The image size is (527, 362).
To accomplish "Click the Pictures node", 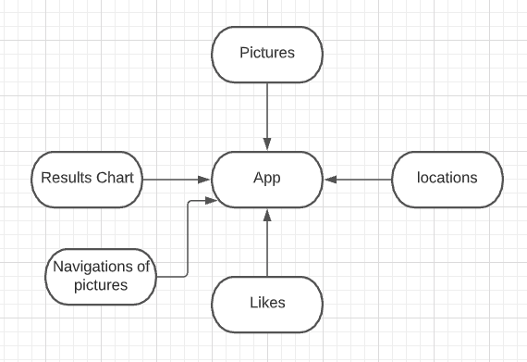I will pos(267,53).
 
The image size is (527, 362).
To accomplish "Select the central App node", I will pos(267,178).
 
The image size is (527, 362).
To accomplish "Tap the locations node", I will pos(447,178).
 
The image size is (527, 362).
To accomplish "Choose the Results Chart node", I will pos(88,178).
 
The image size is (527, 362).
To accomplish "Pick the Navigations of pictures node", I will pos(101,276).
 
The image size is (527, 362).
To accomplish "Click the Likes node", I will pos(267,303).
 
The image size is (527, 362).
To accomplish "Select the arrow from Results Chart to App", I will pos(176,178).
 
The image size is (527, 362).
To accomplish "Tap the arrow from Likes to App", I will pos(267,245).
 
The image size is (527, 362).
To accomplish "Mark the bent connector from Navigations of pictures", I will pos(188,241).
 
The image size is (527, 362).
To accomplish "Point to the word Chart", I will pos(115,178).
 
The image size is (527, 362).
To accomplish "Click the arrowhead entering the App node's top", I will pos(267,144).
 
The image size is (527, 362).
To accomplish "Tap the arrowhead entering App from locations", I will pos(329,178).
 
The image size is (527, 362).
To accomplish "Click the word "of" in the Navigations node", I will pos(143,267).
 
